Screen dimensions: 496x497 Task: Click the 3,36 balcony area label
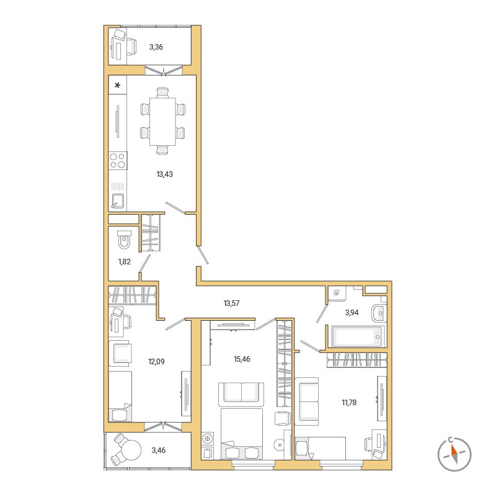(x=156, y=47)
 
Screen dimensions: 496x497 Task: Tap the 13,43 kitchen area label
(x=165, y=174)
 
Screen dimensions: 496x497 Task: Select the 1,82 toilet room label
(x=125, y=261)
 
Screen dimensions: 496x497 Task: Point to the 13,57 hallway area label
(x=231, y=303)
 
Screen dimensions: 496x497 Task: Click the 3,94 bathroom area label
(x=352, y=313)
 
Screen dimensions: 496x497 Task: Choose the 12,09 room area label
(x=156, y=361)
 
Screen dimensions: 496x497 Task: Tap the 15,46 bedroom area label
(x=242, y=359)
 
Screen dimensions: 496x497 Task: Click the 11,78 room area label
(x=349, y=403)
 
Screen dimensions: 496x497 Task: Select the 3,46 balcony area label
(x=159, y=450)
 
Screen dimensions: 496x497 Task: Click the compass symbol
(x=454, y=454)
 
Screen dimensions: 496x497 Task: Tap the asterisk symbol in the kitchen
(x=118, y=85)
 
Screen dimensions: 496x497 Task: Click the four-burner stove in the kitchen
(x=118, y=160)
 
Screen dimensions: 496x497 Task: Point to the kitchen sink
(x=118, y=200)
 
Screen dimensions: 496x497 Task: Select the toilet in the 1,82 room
(x=124, y=240)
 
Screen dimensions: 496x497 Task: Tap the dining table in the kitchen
(x=162, y=122)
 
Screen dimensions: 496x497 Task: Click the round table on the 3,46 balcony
(x=131, y=449)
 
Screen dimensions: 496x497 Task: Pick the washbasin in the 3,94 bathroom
(x=379, y=313)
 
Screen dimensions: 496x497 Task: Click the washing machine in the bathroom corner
(x=337, y=293)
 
